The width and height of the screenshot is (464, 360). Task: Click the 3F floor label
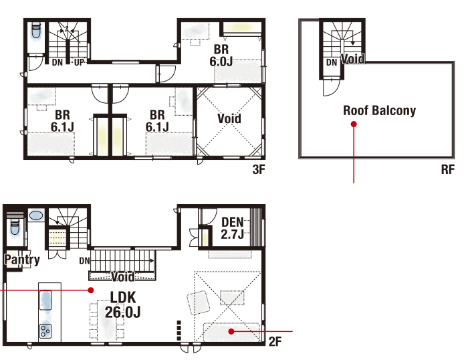click(259, 170)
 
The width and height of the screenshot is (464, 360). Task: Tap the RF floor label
click(447, 170)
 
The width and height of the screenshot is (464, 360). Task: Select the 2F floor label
click(275, 342)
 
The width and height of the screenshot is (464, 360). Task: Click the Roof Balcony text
click(379, 110)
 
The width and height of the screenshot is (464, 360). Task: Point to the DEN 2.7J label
click(232, 228)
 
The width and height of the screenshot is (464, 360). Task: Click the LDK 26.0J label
click(123, 304)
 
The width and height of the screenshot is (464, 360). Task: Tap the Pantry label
click(22, 260)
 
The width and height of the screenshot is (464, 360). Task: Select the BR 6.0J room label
click(221, 56)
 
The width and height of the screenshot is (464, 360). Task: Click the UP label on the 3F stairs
click(79, 62)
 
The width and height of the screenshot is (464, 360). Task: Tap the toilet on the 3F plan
click(36, 30)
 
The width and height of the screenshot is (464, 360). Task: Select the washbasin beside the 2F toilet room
click(36, 215)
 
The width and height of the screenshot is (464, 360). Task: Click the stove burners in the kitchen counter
click(45, 331)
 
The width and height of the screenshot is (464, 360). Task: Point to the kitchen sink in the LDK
click(45, 300)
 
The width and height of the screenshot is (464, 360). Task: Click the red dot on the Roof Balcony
click(354, 124)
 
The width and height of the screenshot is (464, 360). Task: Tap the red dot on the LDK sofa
click(231, 331)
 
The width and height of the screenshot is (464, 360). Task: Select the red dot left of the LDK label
click(91, 290)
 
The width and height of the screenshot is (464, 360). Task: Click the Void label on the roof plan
click(353, 59)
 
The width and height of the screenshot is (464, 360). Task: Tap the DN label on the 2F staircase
click(84, 260)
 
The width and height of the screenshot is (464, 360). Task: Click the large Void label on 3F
click(229, 118)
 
